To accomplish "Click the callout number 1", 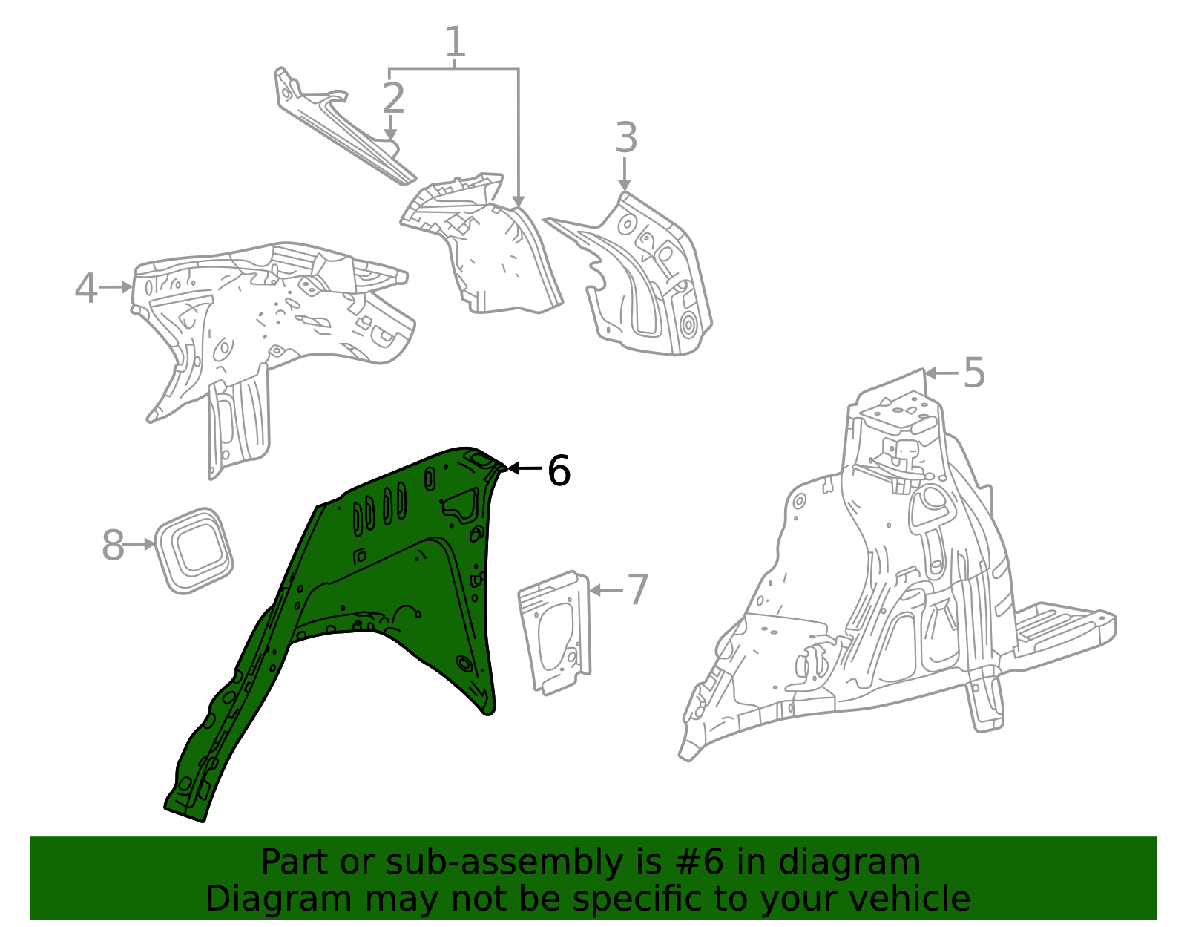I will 455,42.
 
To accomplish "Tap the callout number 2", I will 393,99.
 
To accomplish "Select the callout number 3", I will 626,139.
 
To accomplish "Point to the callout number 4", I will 86,288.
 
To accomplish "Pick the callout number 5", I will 973,373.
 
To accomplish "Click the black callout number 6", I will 558,471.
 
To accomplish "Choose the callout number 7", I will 637,590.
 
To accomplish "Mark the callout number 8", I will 113,546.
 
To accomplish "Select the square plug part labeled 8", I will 194,550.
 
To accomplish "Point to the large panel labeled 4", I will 274,312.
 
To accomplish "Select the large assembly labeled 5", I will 890,594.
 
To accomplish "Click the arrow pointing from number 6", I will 525,469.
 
